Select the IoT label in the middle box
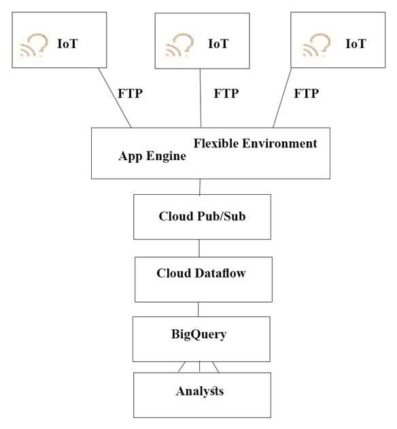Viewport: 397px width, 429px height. click(x=218, y=43)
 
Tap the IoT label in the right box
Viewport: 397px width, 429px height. click(x=356, y=43)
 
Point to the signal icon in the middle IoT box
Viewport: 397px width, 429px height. click(x=180, y=45)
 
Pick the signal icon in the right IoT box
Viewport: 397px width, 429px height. click(x=316, y=45)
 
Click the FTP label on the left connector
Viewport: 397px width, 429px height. click(x=131, y=93)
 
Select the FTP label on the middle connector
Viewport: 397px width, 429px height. click(x=226, y=93)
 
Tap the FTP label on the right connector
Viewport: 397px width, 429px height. click(x=307, y=93)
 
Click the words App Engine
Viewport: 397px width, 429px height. click(x=152, y=156)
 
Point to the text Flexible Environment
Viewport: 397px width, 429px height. click(x=255, y=143)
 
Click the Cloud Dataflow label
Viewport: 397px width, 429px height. click(x=201, y=274)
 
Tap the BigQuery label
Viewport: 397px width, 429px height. click(x=198, y=334)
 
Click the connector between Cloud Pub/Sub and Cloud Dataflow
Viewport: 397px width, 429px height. click(x=198, y=248)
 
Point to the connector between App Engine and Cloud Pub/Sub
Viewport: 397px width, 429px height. click(x=199, y=187)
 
